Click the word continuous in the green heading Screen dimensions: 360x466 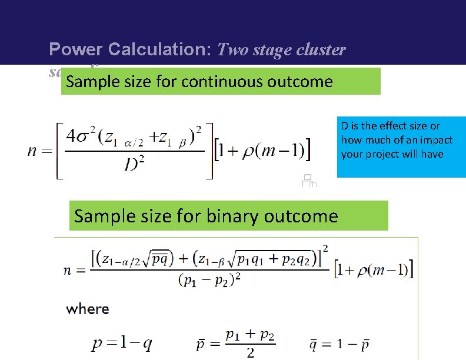coord(224,81)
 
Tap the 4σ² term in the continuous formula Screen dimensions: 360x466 coord(82,136)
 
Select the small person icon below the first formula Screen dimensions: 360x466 coord(309,181)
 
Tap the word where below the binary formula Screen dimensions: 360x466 coord(88,309)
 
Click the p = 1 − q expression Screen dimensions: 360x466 coord(122,344)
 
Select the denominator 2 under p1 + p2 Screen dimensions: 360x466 coord(251,353)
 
